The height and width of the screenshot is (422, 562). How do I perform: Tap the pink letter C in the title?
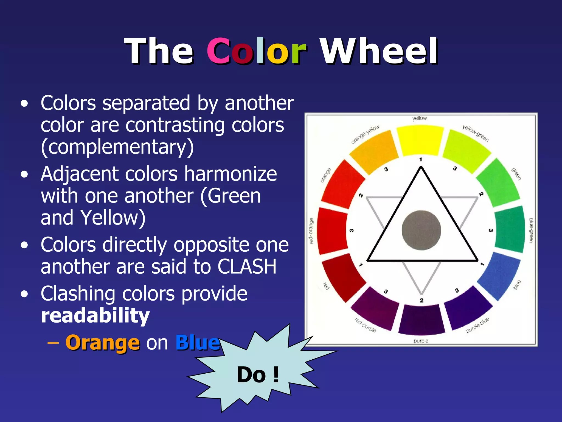(x=219, y=51)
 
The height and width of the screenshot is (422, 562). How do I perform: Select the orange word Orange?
(x=103, y=343)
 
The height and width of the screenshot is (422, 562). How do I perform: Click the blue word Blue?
(x=198, y=343)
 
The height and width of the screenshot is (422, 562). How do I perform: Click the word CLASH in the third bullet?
(x=247, y=266)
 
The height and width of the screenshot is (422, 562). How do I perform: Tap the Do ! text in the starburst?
(x=258, y=374)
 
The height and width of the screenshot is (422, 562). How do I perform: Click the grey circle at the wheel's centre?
(x=421, y=230)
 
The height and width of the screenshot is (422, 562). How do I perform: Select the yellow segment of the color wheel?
(x=420, y=140)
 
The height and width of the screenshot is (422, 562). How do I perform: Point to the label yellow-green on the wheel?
(x=475, y=133)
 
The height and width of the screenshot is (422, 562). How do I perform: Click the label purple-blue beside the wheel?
(x=477, y=325)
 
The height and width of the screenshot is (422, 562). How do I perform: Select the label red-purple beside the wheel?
(x=365, y=325)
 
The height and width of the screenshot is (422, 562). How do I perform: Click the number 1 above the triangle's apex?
(x=420, y=160)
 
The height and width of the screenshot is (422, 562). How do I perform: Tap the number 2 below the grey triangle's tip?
(x=421, y=300)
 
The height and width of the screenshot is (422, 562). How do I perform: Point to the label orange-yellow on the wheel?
(x=365, y=134)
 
